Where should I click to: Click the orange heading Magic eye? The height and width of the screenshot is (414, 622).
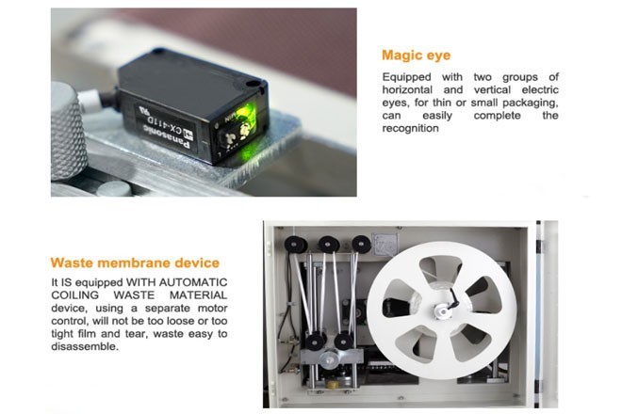pos(417,56)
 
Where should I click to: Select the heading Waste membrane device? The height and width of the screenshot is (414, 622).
pos(135,263)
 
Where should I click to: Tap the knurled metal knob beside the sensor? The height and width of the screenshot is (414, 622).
pos(68,131)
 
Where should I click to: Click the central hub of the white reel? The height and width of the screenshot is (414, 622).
pos(441,310)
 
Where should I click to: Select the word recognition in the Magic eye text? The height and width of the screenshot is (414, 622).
pos(411,128)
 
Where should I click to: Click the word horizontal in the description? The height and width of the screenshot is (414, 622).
pos(407,90)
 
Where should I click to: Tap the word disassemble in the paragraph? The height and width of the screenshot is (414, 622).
pos(85,346)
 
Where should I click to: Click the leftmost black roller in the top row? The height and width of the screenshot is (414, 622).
pos(296,245)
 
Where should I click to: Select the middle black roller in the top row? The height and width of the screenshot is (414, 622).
pos(329,244)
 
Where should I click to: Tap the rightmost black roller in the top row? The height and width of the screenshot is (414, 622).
pos(361,244)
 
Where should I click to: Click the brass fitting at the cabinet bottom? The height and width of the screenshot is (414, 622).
pos(333,384)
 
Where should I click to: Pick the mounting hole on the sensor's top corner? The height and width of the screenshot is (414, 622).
pos(253,84)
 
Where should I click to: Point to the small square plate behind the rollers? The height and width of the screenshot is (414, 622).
pos(385,245)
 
